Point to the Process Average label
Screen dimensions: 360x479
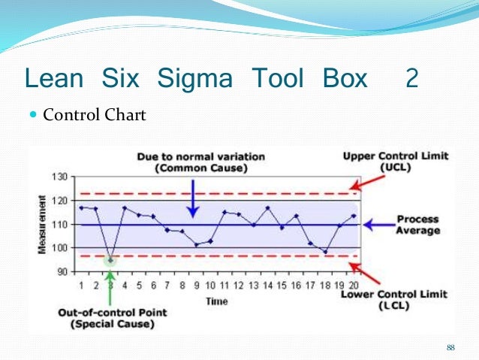[x=417, y=225]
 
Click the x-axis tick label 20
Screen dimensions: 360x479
[x=354, y=286]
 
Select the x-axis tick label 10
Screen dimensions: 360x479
[x=210, y=286]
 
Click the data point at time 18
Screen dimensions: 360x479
[x=325, y=252]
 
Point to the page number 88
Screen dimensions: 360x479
[x=450, y=346]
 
